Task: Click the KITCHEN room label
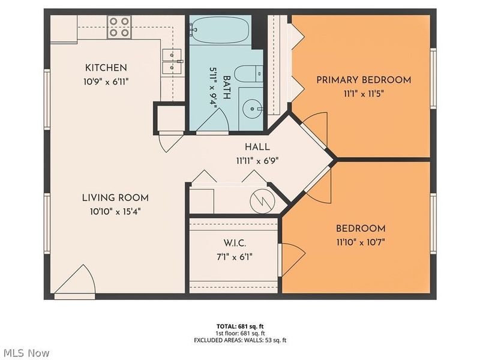(x=101, y=68)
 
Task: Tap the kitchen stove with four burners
(x=119, y=27)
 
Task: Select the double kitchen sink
(x=172, y=61)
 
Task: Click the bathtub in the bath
(x=220, y=30)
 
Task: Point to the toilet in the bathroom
(x=248, y=74)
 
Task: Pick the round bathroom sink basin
(x=252, y=109)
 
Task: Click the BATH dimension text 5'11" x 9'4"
(x=214, y=88)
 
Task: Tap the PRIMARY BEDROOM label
(x=364, y=80)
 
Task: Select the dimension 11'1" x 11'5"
(x=364, y=94)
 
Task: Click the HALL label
(x=257, y=147)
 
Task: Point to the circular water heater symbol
(x=262, y=202)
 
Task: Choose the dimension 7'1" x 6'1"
(x=235, y=257)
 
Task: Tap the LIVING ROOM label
(x=115, y=198)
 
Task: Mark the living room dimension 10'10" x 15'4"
(x=115, y=212)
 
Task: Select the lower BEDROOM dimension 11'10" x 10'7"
(x=361, y=242)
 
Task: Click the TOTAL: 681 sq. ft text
(x=240, y=326)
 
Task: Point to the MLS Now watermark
(x=25, y=353)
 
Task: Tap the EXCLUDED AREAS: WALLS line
(x=240, y=340)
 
